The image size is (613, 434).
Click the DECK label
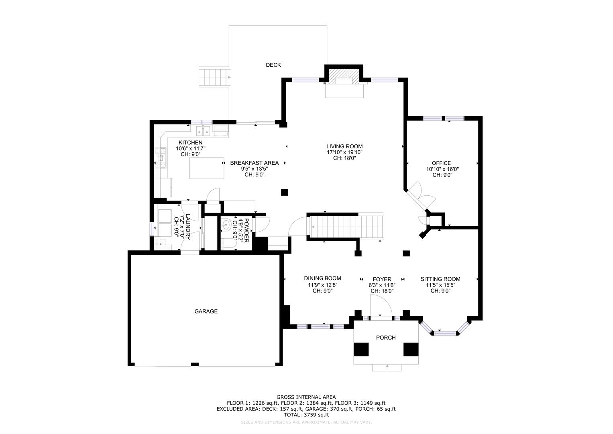273,65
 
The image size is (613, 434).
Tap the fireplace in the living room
344,77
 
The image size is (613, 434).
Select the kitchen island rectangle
207,168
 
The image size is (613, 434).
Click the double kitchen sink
203,131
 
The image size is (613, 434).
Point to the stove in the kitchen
161,158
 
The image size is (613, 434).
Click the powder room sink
226,225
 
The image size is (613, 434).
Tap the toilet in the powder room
229,244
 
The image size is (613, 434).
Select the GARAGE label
206,311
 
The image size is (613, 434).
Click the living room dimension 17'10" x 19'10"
344,152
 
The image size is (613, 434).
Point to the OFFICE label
441,163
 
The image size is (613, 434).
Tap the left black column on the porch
361,349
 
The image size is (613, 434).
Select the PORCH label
386,338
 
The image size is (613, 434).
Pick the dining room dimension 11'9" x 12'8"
322,285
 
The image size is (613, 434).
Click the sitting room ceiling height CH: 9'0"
440,291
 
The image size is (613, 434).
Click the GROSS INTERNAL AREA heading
306,397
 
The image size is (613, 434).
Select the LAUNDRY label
188,227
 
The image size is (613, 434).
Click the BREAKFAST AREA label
254,163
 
